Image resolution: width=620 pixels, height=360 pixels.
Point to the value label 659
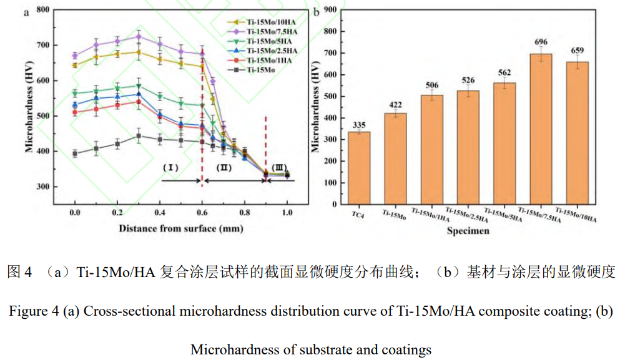coord(577,50)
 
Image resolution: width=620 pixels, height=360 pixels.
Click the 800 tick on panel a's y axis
coord(42,10)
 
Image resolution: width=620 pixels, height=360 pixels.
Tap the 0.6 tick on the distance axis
coord(202,213)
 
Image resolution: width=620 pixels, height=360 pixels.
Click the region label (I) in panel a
coord(170,168)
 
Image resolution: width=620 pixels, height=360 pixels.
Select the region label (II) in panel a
coord(224,168)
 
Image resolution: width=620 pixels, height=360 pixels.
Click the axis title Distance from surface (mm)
coord(181,228)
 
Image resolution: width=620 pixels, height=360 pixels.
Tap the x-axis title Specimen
coord(468,231)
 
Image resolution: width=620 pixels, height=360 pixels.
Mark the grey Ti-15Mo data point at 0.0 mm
coord(75,153)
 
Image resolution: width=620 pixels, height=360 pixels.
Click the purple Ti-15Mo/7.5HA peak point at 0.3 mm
coord(139,37)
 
